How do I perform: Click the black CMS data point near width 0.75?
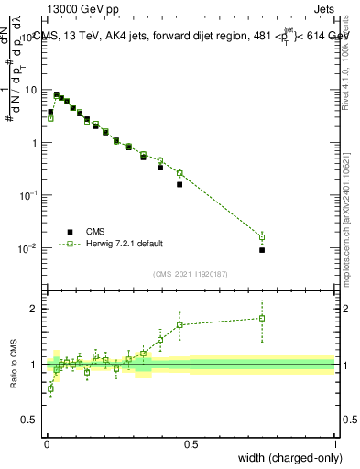pos(262,250)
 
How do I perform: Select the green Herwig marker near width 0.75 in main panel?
pos(262,237)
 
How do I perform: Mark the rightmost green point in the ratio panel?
pos(262,319)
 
